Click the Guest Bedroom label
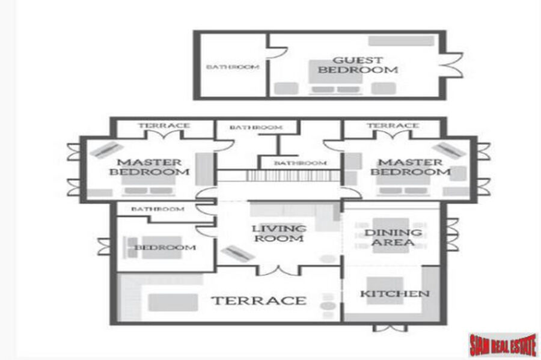point(358,65)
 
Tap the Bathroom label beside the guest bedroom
point(233,67)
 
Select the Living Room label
point(279,233)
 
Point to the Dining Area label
point(393,237)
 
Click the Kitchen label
point(395,294)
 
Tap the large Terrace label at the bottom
point(259,301)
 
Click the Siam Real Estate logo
point(503,345)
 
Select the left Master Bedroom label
point(150,167)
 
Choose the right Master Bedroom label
point(411,167)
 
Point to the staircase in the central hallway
point(293,175)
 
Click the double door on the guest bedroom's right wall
point(452,65)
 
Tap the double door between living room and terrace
point(278,270)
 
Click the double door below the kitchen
point(390,328)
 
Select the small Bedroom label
point(165,247)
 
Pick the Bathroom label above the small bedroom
point(157,209)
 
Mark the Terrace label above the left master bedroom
point(164,126)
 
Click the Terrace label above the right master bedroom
point(393,126)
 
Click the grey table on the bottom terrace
point(173,302)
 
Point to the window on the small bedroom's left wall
point(103,247)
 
